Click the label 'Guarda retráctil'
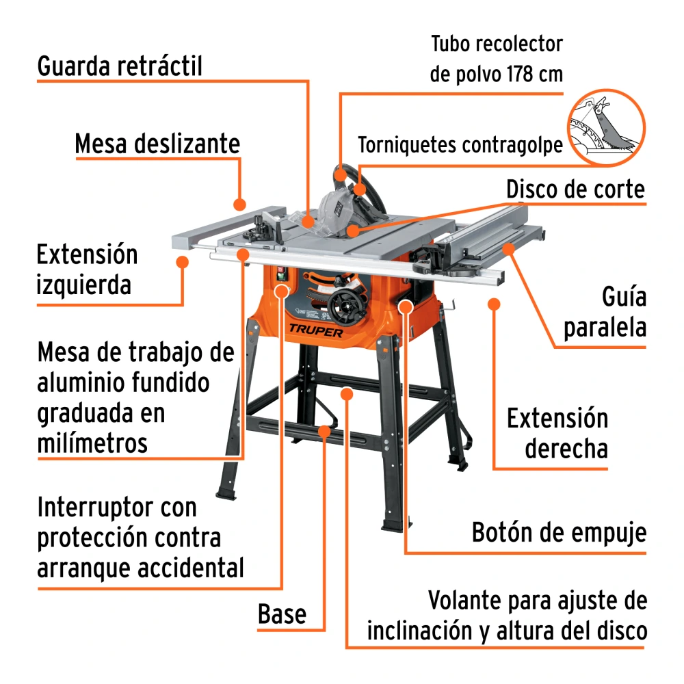point(120,66)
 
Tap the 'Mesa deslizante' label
point(157,144)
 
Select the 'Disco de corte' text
point(575,189)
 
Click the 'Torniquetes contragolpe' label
point(460,145)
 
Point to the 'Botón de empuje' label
point(559,533)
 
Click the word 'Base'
point(282,614)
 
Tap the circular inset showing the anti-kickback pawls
point(606,127)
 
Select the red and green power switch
point(281,274)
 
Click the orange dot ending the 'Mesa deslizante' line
point(239,204)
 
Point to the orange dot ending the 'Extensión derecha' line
point(494,304)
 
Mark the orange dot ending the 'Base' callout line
point(324,432)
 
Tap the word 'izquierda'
point(83,285)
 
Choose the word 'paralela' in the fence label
point(605,328)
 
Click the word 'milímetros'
point(92,443)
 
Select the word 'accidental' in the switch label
point(191,568)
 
